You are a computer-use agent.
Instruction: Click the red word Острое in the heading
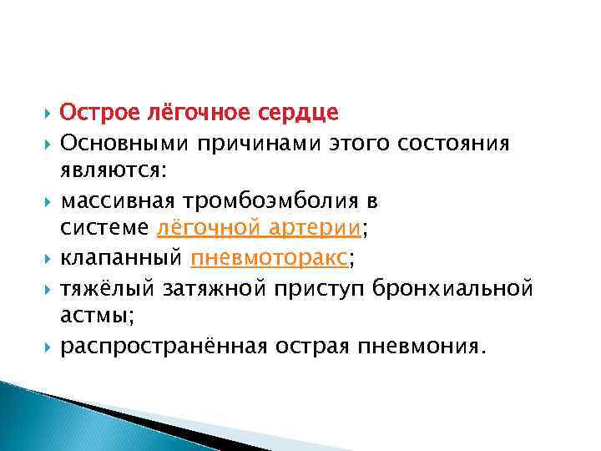pos(95,112)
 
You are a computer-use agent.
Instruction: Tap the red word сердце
pos(301,112)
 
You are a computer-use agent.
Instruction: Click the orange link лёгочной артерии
pos(260,229)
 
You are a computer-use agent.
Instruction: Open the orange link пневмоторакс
pos(267,259)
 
